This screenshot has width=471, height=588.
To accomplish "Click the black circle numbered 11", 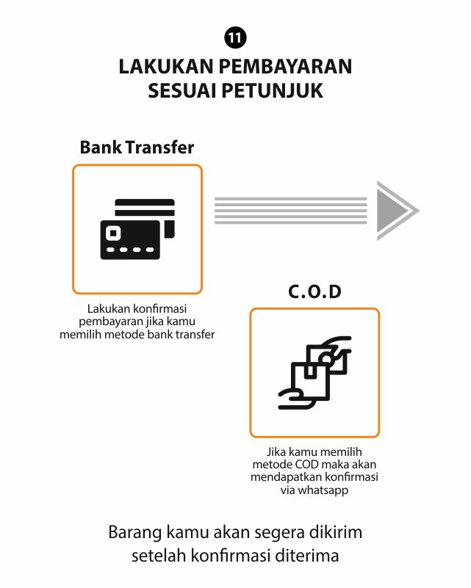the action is pyautogui.click(x=235, y=37).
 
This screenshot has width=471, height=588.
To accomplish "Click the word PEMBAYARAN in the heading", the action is pyautogui.click(x=285, y=66).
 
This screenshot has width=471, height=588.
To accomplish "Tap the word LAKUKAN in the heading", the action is pyautogui.click(x=166, y=66).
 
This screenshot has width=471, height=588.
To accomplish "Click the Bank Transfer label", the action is pyautogui.click(x=137, y=147).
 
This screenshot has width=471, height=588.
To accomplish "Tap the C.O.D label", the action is pyautogui.click(x=314, y=291).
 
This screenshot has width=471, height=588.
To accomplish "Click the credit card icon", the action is pyautogui.click(x=137, y=229).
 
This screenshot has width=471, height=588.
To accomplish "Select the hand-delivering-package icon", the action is pyautogui.click(x=314, y=372).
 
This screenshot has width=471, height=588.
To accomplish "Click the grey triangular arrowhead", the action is pyautogui.click(x=394, y=211).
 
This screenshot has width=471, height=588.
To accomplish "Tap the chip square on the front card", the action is pyautogui.click(x=113, y=233).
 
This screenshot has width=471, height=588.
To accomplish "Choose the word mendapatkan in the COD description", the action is pyautogui.click(x=286, y=477).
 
